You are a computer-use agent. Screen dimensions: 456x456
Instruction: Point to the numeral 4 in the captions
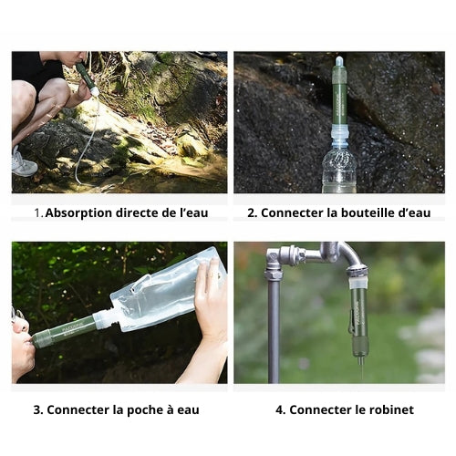280,409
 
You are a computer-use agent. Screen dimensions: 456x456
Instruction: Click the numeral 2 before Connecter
252,212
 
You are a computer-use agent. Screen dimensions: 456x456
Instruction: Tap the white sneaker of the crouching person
23,163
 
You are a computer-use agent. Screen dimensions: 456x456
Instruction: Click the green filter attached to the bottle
339,91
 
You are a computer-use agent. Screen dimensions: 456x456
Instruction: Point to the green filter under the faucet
358,322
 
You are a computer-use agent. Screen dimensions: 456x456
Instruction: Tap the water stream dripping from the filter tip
362,372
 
